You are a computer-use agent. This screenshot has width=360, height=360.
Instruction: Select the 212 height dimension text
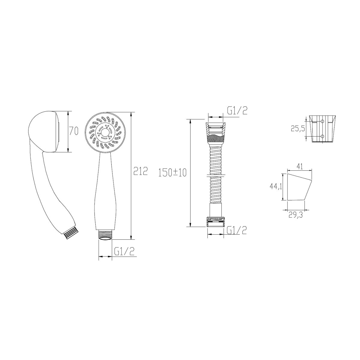pos(140,171)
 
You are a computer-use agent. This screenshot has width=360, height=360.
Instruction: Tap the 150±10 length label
pos(172,172)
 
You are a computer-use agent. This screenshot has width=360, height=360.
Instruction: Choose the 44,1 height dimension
pos(276,186)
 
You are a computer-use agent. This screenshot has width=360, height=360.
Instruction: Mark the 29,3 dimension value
pos(295,215)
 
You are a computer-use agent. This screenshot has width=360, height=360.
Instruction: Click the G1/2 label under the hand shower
pos(124,251)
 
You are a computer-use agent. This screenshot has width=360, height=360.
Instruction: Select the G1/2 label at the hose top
pos(237,110)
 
